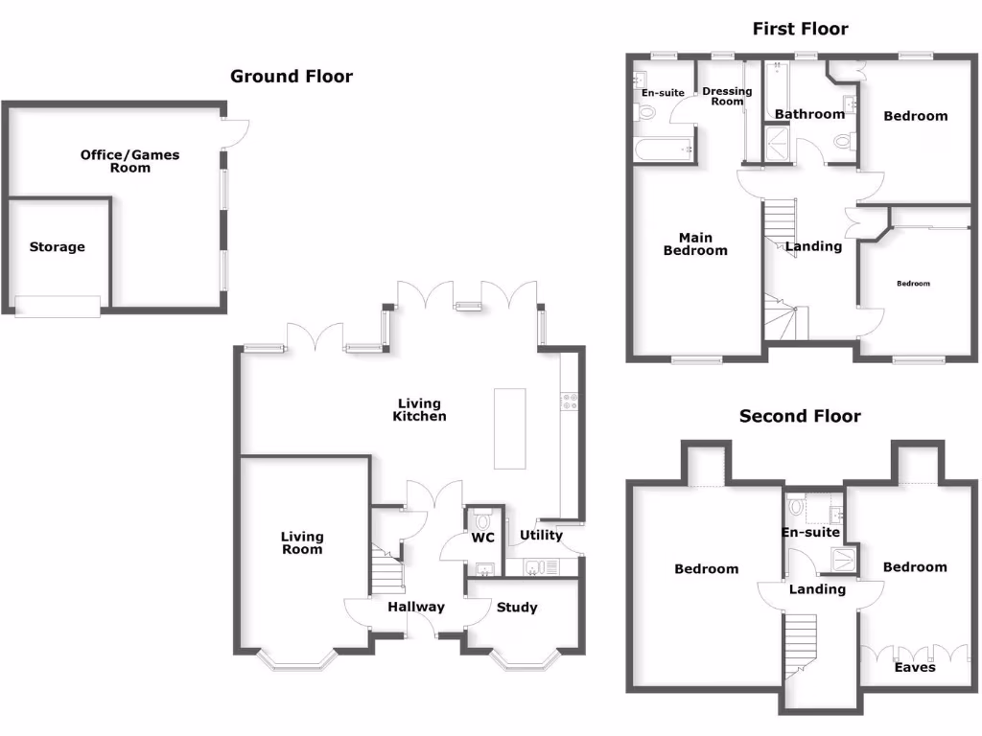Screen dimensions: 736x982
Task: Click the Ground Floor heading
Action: pos(292,77)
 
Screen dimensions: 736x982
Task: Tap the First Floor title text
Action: pos(800,29)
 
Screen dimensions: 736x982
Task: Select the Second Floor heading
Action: pos(800,417)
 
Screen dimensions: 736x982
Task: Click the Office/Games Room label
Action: pos(129,161)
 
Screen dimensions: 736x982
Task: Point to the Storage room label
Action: pos(57,247)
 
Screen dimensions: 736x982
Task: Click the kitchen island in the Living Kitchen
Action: pos(510,428)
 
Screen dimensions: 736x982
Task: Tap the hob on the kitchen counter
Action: pos(568,402)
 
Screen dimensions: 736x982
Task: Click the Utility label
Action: pos(541,535)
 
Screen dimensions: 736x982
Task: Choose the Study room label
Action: pos(517,608)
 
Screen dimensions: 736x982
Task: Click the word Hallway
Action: pos(416,607)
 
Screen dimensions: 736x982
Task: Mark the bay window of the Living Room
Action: pos(301,660)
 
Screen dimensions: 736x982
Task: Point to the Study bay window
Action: pos(524,660)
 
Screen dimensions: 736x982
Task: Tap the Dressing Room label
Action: pos(727,96)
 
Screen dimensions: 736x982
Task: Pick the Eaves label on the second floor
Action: pos(914,667)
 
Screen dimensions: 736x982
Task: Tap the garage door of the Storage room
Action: pos(58,307)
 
